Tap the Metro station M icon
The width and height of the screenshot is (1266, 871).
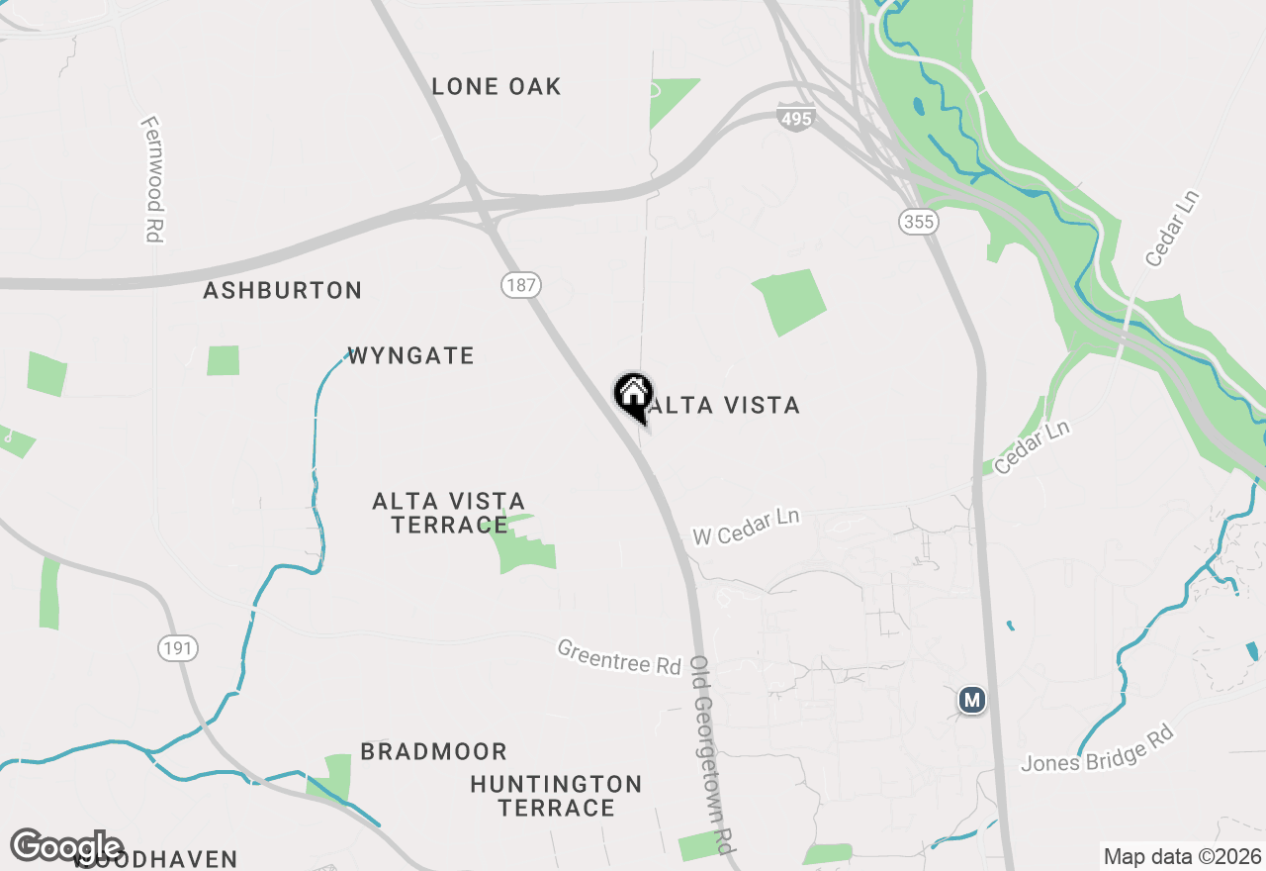pyautogui.click(x=972, y=700)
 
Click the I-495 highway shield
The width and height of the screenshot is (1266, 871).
pyautogui.click(x=795, y=118)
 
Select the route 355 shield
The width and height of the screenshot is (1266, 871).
pyautogui.click(x=919, y=222)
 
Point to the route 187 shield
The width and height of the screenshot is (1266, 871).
pyautogui.click(x=520, y=286)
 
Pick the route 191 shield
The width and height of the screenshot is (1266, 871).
pyautogui.click(x=178, y=648)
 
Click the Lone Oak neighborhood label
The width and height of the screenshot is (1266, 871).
pyautogui.click(x=497, y=87)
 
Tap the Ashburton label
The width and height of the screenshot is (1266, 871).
pyautogui.click(x=283, y=291)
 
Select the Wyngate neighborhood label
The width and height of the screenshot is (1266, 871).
pyautogui.click(x=410, y=356)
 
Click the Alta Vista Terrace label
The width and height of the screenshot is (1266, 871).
pyautogui.click(x=449, y=513)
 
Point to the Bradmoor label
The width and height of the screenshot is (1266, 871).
pyautogui.click(x=433, y=752)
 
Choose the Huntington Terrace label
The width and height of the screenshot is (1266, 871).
pyautogui.click(x=556, y=796)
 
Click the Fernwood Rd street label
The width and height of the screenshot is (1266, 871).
pyautogui.click(x=151, y=179)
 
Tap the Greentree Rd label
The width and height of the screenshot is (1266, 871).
pyautogui.click(x=619, y=656)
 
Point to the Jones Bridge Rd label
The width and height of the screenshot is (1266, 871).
pyautogui.click(x=1097, y=749)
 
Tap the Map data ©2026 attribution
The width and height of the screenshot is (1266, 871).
pyautogui.click(x=1181, y=856)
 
